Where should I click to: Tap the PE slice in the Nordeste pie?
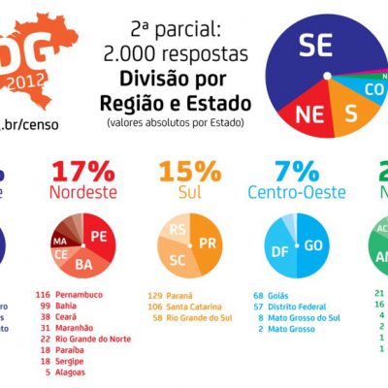(98, 236)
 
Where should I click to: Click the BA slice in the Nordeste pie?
(84, 263)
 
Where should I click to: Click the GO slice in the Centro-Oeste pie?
(313, 246)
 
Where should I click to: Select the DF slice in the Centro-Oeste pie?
(282, 249)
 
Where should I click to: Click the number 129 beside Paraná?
(156, 293)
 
